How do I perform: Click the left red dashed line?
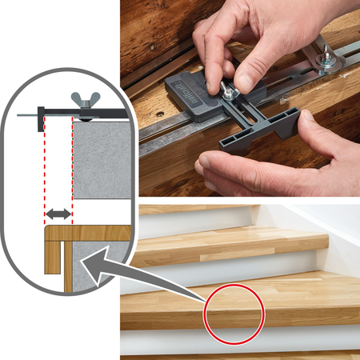46,176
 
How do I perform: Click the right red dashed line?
73,176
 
